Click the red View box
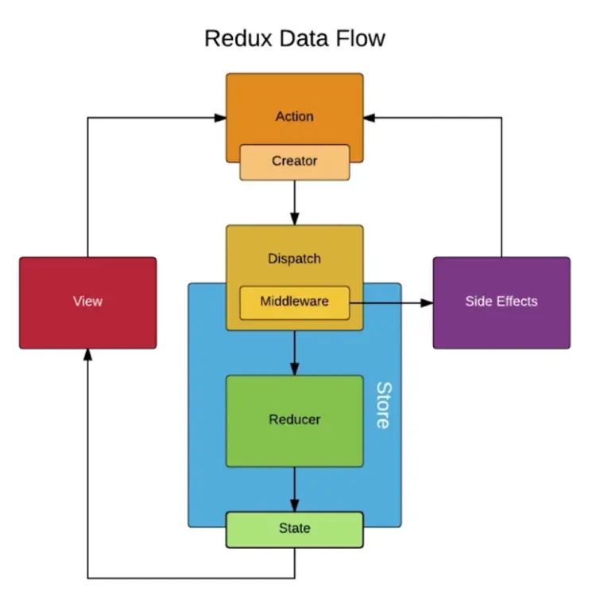tap(87, 302)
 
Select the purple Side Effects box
tap(501, 302)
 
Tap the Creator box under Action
tap(294, 162)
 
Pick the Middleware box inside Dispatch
tap(294, 302)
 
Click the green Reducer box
tap(294, 420)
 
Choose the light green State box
tap(294, 529)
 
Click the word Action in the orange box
tap(294, 116)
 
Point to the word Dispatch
tap(294, 259)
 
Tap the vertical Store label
tap(383, 406)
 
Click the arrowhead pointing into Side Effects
tap(427, 302)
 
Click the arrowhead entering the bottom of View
tap(87, 355)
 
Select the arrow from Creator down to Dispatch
tap(294, 202)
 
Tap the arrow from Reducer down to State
tap(294, 489)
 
